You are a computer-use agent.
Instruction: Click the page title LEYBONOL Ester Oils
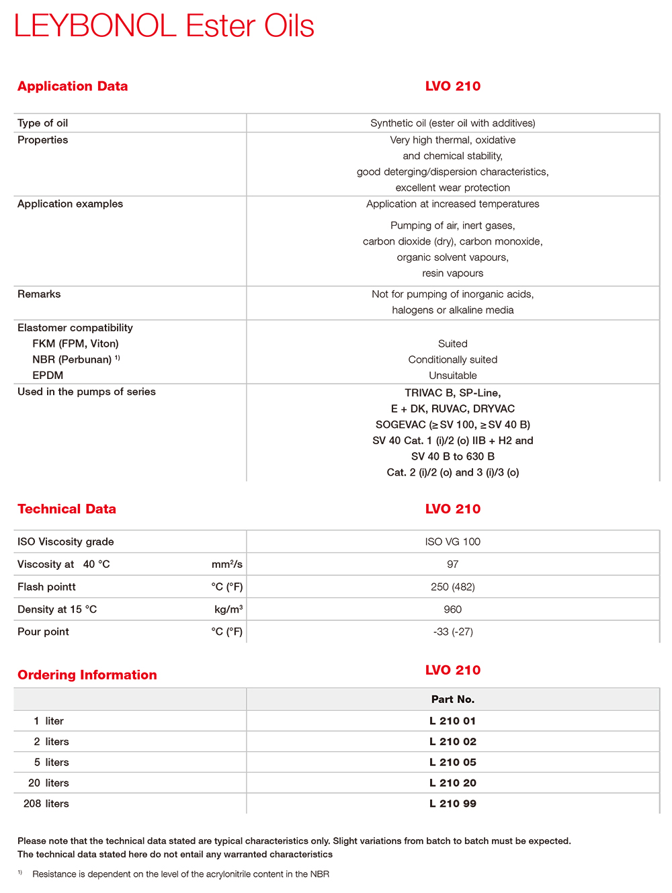click(164, 26)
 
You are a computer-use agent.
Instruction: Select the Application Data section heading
click(73, 86)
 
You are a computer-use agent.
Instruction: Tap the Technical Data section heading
click(67, 509)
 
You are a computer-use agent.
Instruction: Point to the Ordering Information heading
click(87, 675)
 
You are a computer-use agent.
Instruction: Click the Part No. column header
click(453, 699)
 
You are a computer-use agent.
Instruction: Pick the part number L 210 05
click(453, 762)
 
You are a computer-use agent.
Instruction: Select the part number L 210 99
click(453, 804)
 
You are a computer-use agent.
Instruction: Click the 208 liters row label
click(46, 804)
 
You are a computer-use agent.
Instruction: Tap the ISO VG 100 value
click(453, 542)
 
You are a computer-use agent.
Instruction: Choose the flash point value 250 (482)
click(453, 587)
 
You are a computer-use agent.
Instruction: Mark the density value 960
click(453, 609)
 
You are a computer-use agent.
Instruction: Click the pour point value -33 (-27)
click(453, 632)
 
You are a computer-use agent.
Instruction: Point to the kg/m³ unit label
click(228, 609)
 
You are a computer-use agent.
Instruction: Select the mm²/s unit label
click(227, 564)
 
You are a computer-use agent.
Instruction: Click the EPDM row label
click(48, 376)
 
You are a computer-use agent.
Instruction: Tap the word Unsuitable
click(453, 376)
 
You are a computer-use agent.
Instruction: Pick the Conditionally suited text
click(453, 359)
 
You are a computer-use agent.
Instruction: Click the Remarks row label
click(39, 294)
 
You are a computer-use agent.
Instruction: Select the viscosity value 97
click(453, 564)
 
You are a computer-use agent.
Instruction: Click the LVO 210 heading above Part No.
click(453, 670)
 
